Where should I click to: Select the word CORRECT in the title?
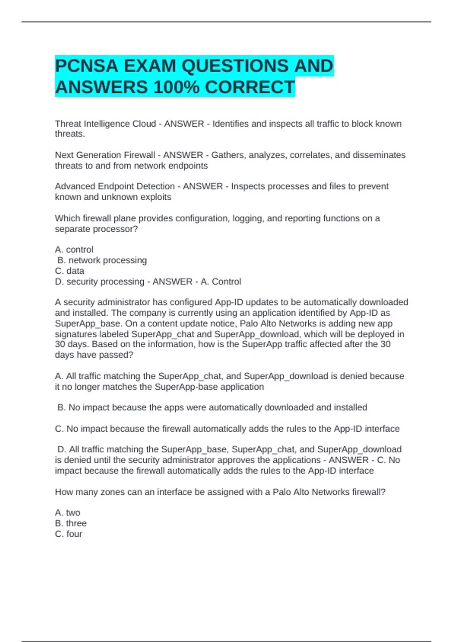pyautogui.click(x=250, y=87)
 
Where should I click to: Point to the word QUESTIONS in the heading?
pyautogui.click(x=234, y=66)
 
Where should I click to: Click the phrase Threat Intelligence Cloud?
pyautogui.click(x=105, y=124)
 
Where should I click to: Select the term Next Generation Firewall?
pyautogui.click(x=105, y=155)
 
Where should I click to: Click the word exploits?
pyautogui.click(x=156, y=197)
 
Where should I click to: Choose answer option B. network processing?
pyautogui.click(x=102, y=260)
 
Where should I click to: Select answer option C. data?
pyautogui.click(x=69, y=271)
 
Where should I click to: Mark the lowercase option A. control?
pyautogui.click(x=74, y=250)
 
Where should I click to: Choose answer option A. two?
pyautogui.click(x=68, y=513)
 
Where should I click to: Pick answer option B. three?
pyautogui.click(x=71, y=523)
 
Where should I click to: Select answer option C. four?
pyautogui.click(x=68, y=534)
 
